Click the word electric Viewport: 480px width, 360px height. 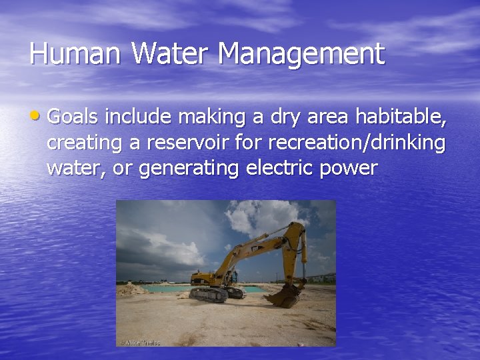281,167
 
